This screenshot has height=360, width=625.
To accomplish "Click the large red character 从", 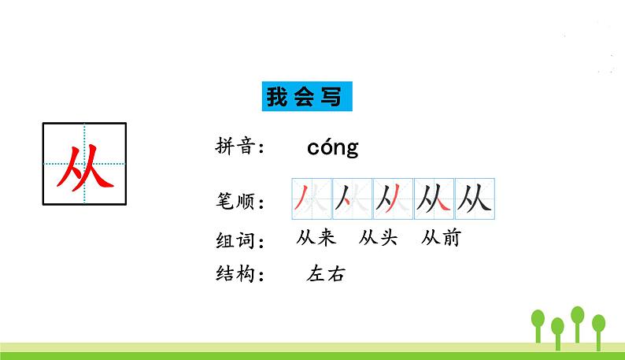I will pyautogui.click(x=84, y=164).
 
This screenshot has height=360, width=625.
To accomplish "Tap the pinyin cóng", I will pyautogui.click(x=332, y=147).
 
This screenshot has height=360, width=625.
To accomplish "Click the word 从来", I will pyautogui.click(x=317, y=237).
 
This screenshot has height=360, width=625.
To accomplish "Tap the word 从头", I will pyautogui.click(x=378, y=237).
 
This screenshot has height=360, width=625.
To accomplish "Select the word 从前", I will pyautogui.click(x=441, y=237).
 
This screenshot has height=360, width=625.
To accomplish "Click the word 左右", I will pyautogui.click(x=327, y=274).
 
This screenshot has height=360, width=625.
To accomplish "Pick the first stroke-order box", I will pyautogui.click(x=311, y=199).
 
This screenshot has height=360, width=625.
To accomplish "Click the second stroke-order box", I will pyautogui.click(x=352, y=199).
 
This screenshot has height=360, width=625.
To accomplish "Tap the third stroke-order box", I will pyautogui.click(x=393, y=199).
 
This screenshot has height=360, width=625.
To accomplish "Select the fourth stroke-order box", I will pyautogui.click(x=434, y=199).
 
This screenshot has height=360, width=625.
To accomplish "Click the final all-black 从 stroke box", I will pyautogui.click(x=474, y=199).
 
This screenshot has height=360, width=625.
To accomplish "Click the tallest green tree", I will pyautogui.click(x=578, y=318).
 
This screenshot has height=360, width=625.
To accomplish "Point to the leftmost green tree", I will pyautogui.click(x=538, y=323).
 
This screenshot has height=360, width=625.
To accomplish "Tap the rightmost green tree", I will pyautogui.click(x=598, y=325).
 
